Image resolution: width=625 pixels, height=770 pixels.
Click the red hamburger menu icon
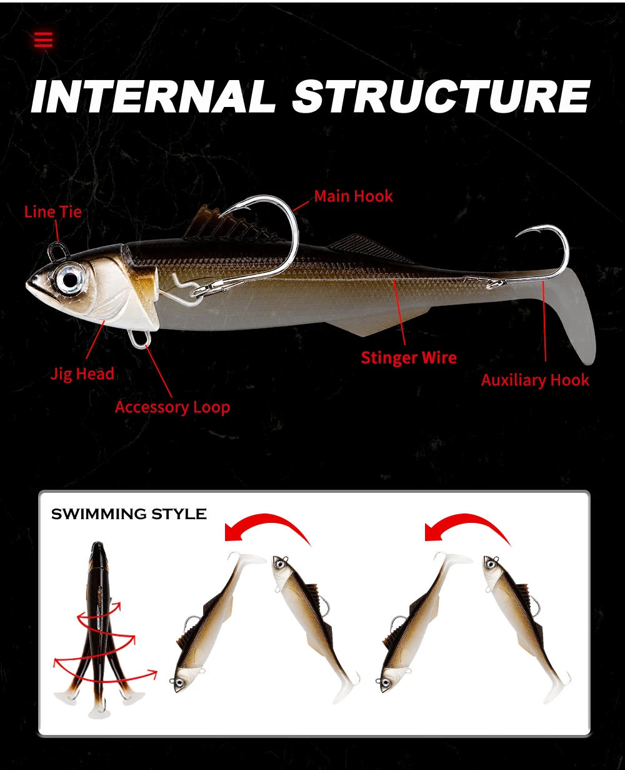(43, 39)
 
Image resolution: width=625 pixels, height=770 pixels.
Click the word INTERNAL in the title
(153, 97)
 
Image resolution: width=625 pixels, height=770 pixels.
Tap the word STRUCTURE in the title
(441, 96)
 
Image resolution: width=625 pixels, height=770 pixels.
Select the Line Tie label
(52, 212)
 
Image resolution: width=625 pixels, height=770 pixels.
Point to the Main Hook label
(353, 196)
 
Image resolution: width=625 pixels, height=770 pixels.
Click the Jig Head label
(82, 373)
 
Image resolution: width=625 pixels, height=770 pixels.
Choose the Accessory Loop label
(172, 407)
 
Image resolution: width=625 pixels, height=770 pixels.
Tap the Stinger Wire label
(409, 358)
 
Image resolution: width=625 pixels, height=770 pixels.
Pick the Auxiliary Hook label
(535, 380)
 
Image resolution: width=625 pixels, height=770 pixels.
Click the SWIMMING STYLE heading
(129, 514)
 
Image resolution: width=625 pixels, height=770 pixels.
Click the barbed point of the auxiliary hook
(517, 236)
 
